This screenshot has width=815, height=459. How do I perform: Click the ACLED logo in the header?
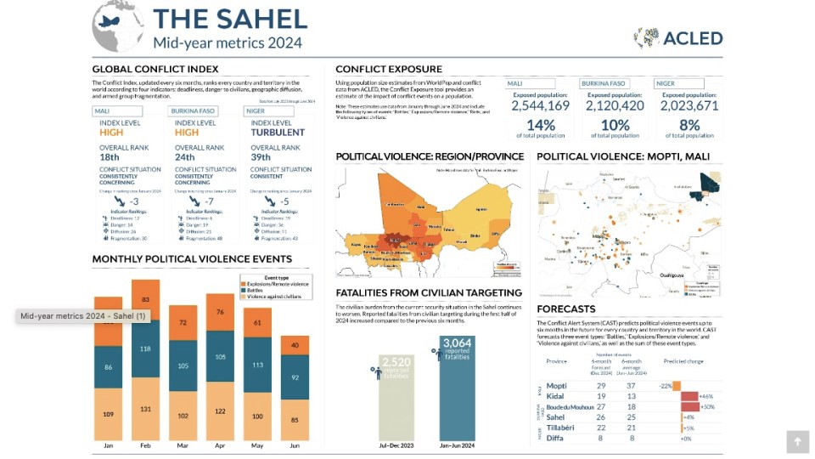point(677,37)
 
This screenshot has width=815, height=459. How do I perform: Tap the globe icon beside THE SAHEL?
point(117,26)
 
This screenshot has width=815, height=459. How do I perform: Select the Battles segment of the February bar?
point(145,348)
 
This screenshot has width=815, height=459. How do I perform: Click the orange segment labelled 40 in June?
point(295,345)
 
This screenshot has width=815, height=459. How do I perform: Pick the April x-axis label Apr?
point(220,445)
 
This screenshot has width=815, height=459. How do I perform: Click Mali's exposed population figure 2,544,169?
point(540,106)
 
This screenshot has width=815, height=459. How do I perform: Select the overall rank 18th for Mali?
point(110,157)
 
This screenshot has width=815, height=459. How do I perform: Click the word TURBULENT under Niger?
point(278,133)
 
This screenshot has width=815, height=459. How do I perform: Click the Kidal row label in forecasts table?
point(556,396)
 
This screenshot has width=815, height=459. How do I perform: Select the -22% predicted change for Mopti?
point(666,386)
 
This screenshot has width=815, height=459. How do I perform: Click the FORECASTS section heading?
point(565,309)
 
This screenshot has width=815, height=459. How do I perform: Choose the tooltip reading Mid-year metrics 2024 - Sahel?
point(82,316)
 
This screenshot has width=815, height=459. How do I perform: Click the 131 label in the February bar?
point(145,408)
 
